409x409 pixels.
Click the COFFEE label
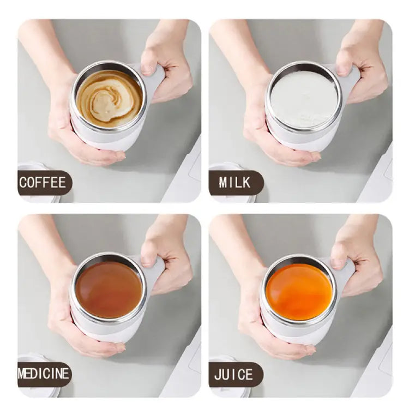coord(43,182)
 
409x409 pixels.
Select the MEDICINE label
coord(44,374)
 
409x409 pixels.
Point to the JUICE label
coord(234,374)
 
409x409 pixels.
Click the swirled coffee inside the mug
coord(109,98)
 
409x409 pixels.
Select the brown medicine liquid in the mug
coord(109,289)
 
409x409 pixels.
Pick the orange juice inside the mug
coord(298,291)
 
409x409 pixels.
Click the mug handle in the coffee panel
coord(155,82)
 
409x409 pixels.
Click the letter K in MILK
coord(248,182)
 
